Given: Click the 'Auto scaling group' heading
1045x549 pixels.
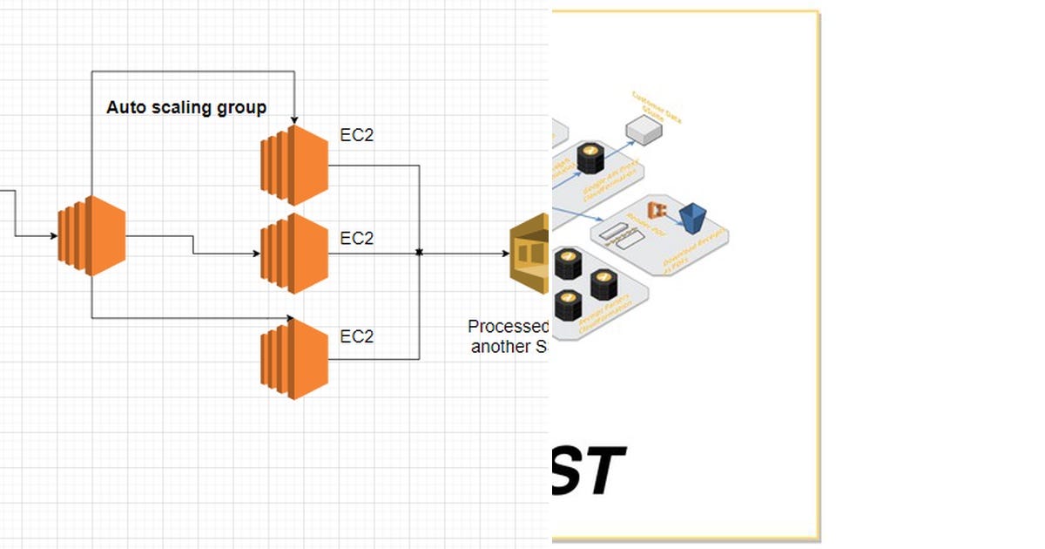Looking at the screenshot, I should [x=186, y=107].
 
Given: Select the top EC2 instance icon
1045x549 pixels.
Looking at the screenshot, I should [x=294, y=165].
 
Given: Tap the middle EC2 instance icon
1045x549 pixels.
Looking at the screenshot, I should [x=294, y=254].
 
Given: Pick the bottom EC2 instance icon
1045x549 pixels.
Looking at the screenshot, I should [x=294, y=358].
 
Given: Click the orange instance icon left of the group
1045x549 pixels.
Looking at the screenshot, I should [x=91, y=235].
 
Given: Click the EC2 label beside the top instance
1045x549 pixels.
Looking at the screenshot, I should [x=356, y=135].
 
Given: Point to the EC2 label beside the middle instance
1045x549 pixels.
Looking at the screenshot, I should [x=356, y=238].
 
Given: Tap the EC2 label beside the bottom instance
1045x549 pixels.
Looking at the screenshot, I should [x=356, y=336].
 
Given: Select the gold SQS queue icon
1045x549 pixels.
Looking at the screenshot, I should [x=530, y=254].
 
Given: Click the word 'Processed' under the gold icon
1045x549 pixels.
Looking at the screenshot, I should [x=509, y=327].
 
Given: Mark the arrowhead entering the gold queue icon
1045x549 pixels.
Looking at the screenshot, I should [x=506, y=254].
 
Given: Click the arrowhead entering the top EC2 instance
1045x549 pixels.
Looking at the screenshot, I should [x=295, y=120].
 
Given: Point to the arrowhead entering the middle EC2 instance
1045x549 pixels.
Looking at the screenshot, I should [x=256, y=254].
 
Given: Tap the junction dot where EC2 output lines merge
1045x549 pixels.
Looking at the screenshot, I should [x=420, y=253].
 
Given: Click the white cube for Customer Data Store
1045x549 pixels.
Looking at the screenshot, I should [x=644, y=131].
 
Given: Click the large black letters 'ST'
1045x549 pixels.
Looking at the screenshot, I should [x=590, y=471].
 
